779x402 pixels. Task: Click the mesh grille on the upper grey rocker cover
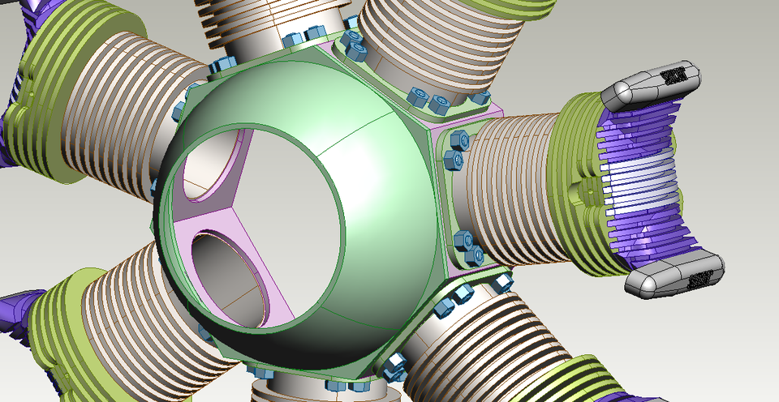[x=673, y=76]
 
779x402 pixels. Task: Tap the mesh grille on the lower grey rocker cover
[x=699, y=279]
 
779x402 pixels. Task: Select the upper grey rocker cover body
[x=641, y=90]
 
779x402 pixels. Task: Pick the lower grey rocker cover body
[x=661, y=280]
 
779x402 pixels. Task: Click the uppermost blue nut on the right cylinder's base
[x=456, y=139]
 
